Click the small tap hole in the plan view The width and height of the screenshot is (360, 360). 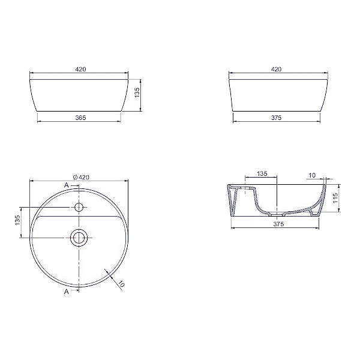tap(79, 207)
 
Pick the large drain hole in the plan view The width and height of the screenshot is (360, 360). tap(79, 237)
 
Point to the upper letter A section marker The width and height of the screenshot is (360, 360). tap(67, 185)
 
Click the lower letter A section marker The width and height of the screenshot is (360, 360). tap(67, 292)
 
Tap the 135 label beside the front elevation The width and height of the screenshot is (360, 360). tap(137, 93)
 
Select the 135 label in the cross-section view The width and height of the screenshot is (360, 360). tap(262, 174)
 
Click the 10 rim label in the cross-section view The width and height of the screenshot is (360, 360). tap(311, 175)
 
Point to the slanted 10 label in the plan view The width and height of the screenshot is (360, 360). tap(121, 284)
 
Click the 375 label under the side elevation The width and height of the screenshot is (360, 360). tap(277, 118)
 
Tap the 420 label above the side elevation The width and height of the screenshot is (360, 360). tap(277, 70)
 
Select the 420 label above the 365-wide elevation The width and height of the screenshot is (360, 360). tap(80, 70)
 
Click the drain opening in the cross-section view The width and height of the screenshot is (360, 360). tap(277, 214)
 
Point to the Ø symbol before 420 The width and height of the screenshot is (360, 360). tap(74, 177)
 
